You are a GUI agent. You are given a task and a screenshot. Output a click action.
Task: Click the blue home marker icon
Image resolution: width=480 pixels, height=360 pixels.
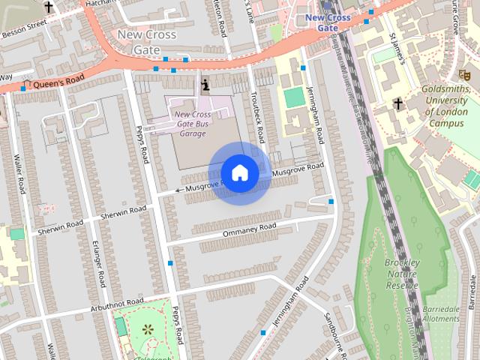pos(239,173)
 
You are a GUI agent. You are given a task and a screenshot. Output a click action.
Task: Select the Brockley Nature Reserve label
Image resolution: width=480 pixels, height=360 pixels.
pos(401,273)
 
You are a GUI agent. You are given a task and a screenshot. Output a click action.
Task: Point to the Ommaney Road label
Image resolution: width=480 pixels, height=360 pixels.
pos(250,229)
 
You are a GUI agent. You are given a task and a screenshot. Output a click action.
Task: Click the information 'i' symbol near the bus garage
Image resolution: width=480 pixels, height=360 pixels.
pos(205,85)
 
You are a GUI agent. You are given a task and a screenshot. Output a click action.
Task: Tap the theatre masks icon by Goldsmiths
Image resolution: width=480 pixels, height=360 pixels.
pos(464,74)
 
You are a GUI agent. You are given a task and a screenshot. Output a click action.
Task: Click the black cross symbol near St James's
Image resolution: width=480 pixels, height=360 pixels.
pos(398,103)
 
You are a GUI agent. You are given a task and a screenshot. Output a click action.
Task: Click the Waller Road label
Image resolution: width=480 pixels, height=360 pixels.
pos(19,174)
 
